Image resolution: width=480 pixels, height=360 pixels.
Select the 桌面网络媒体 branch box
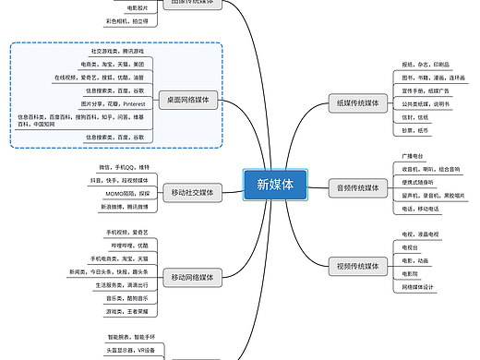coord(188,98)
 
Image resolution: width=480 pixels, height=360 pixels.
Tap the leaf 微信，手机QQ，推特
coord(125,167)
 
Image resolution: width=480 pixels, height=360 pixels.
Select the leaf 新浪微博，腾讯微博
coord(122,206)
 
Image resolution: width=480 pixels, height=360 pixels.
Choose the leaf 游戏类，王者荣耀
coord(126,311)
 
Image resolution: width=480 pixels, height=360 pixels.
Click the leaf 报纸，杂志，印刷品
coord(426,66)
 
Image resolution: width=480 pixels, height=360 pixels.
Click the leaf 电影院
coord(410,273)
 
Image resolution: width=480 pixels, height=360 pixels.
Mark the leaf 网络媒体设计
coord(419,286)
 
